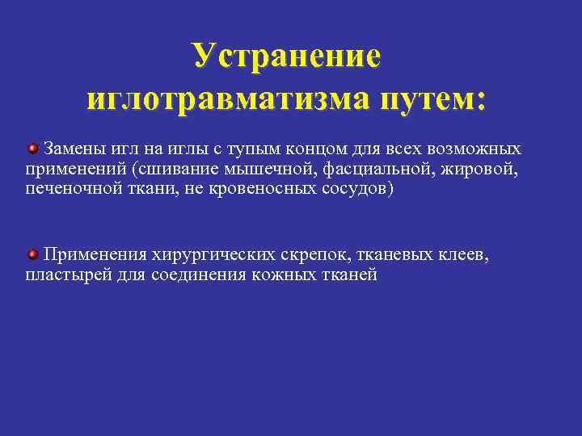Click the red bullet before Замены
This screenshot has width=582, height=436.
tap(33, 149)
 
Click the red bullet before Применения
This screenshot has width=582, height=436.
tap(33, 255)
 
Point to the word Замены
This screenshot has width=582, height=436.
tap(74, 149)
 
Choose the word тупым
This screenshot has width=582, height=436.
tap(238, 150)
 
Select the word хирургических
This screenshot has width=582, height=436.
tap(213, 256)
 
